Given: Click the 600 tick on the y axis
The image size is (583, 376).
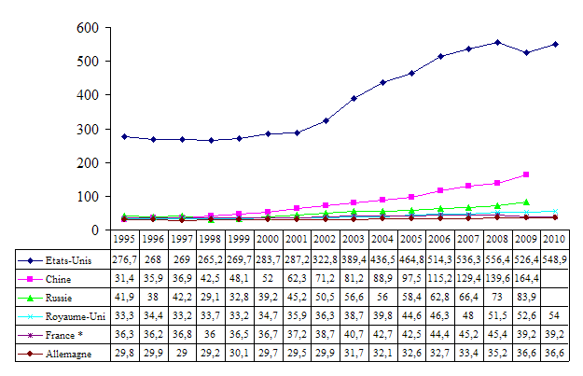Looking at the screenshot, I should coord(88,28).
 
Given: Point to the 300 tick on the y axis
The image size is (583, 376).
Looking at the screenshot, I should coord(88,129).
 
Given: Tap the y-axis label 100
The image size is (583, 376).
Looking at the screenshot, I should coord(88,196).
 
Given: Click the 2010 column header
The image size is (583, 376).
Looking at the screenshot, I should coord(555,239).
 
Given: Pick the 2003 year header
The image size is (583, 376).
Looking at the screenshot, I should coord(354,239).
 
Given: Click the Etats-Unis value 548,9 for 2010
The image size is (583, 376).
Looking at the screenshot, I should coord(555,258).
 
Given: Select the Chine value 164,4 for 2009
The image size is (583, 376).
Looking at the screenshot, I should coord(526,278).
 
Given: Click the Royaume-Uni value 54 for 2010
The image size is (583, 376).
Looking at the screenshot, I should coord(555,316).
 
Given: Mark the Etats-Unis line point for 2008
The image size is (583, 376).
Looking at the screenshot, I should coord(498,42).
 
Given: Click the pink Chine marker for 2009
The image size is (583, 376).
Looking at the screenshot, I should coord(527,174).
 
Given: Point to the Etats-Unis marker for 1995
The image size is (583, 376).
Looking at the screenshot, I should coord(124,136).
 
